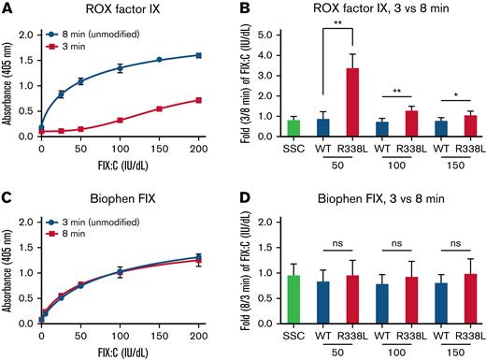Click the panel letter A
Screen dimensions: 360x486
(x=7, y=8)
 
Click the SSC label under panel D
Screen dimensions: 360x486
(x=293, y=330)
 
